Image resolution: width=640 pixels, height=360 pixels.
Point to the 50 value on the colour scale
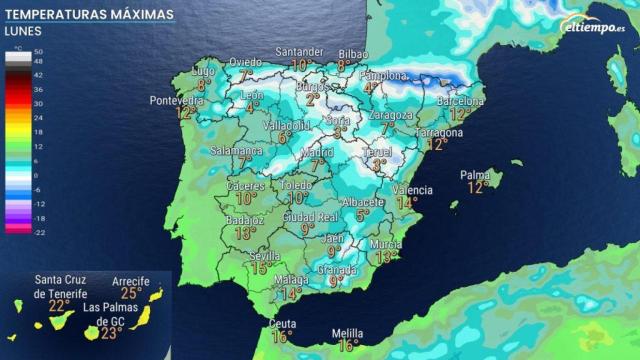point(37,50)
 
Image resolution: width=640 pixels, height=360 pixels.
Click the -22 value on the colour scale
point(37,231)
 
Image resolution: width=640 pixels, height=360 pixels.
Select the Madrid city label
point(317,151)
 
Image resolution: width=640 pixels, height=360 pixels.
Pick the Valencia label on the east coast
point(412,190)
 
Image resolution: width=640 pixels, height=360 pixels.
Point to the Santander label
point(299,52)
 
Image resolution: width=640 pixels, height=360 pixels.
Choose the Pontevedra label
point(175,100)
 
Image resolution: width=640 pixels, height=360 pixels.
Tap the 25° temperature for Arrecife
point(131,293)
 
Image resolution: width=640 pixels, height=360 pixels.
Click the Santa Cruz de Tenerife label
point(60,286)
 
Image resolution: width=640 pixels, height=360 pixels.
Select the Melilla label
point(347,333)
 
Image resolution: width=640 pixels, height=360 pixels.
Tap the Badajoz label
point(245,220)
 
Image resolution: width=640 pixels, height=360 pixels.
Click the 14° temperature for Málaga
point(291,294)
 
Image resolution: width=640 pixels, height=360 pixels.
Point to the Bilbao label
point(353,52)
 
